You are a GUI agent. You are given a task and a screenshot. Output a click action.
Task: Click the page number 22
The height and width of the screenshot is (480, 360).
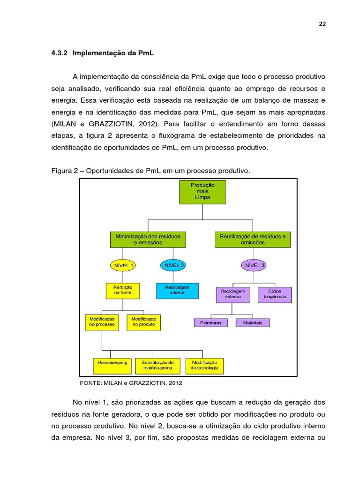point(322,25)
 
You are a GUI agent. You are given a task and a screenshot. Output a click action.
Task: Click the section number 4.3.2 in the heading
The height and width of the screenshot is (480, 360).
point(60,53)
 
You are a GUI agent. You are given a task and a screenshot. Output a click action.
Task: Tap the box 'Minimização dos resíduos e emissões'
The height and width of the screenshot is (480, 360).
point(148,239)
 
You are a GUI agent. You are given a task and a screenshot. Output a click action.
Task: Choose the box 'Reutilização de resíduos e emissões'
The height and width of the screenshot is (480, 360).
point(253,239)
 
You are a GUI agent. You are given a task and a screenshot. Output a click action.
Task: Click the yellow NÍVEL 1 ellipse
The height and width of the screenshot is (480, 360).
point(123,265)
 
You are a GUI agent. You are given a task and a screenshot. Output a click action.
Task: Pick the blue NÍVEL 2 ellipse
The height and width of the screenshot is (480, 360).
point(172,265)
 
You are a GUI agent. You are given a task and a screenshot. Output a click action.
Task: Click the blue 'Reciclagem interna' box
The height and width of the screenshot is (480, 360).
point(174,290)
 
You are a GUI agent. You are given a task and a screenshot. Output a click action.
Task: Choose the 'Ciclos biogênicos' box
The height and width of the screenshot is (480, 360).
point(274,294)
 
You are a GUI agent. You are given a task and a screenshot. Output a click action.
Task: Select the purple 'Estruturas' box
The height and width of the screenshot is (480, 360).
point(211,322)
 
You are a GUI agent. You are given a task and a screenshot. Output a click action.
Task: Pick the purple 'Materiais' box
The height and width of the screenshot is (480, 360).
point(253,322)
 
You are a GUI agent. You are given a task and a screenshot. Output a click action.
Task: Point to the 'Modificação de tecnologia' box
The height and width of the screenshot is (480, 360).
point(204,365)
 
